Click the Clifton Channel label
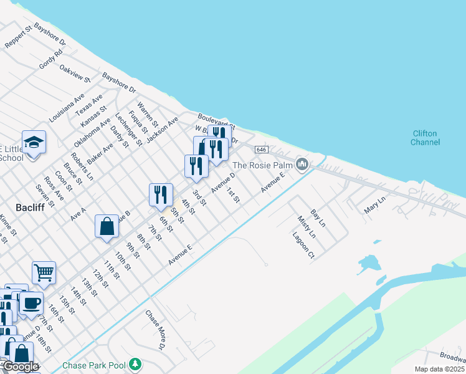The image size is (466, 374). click(x=425, y=138)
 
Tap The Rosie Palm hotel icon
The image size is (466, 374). click(x=303, y=165)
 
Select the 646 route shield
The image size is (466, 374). click(x=261, y=150)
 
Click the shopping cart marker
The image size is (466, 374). click(x=44, y=272)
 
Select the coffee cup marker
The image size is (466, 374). click(x=31, y=304)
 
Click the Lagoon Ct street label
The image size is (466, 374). click(x=303, y=245)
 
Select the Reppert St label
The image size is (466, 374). click(x=18, y=38)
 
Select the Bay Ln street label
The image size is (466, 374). click(x=318, y=218)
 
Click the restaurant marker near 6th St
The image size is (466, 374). click(x=161, y=194)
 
